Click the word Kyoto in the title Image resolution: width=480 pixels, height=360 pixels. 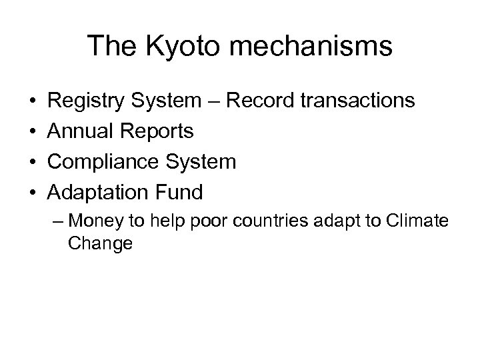[x=167, y=47]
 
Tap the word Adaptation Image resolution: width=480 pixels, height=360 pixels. [x=95, y=193]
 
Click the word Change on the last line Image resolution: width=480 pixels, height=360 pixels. [x=100, y=243]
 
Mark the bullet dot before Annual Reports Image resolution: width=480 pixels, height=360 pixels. [x=33, y=132]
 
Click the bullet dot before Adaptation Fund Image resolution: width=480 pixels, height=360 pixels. [x=33, y=193]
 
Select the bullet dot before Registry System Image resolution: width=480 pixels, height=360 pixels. [x=33, y=101]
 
